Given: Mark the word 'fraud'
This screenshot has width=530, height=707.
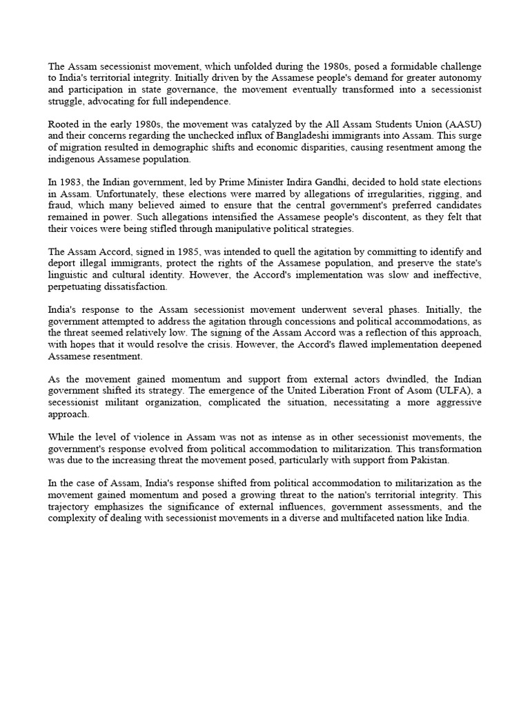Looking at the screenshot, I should (x=61, y=205).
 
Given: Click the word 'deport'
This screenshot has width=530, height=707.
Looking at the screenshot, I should (x=62, y=263).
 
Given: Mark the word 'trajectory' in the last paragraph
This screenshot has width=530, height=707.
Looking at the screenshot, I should (x=71, y=507).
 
